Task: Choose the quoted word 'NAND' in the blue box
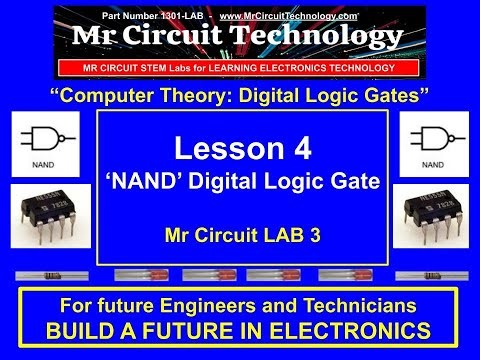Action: (163, 184)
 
